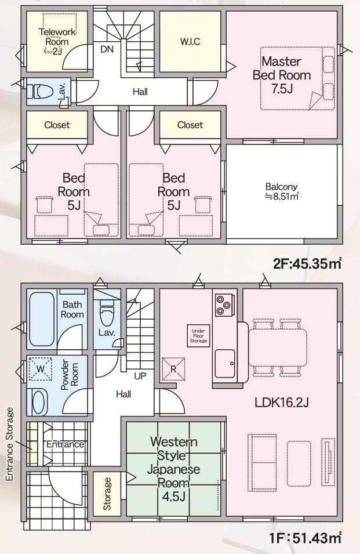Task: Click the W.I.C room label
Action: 190,42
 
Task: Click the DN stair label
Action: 107,49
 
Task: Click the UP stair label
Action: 140,376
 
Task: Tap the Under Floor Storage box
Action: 198,336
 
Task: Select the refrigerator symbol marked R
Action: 173,369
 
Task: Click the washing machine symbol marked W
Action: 41,369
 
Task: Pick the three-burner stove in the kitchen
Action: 223,305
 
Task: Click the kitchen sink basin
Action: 225,364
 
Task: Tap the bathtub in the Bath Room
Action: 42,318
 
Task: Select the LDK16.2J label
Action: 282,402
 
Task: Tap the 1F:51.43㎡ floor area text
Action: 306,538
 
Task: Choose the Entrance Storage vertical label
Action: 9,444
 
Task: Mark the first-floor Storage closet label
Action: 107,494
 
